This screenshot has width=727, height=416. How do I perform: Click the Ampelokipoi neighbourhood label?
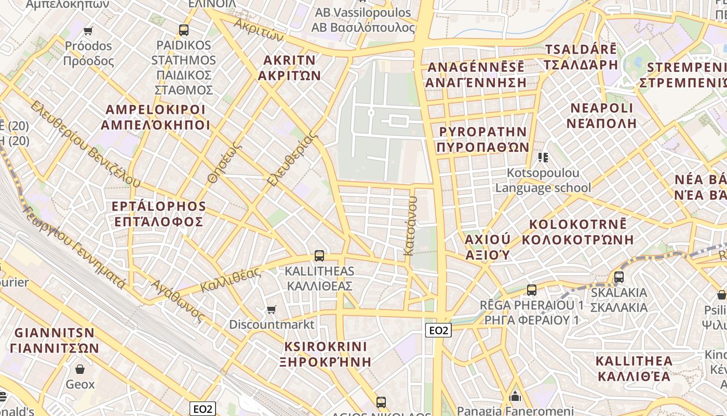click(156, 118)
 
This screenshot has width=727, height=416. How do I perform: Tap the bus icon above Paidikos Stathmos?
click(184, 30)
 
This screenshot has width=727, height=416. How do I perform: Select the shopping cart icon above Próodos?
click(88, 31)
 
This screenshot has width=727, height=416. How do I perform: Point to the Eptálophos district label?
click(159, 214)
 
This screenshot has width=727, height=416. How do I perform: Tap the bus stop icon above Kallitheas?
click(319, 256)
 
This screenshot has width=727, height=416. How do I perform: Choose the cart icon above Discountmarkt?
click(271, 310)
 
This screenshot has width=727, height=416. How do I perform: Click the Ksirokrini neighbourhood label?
click(326, 354)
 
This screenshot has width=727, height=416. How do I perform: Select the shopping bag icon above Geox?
click(80, 369)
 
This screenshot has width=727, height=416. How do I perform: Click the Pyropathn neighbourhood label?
click(483, 139)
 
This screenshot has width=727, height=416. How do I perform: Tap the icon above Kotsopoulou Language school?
click(543, 157)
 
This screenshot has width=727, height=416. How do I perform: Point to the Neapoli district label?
click(602, 115)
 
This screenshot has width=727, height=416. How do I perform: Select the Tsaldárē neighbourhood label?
click(581, 57)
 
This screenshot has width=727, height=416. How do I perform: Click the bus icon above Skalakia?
click(619, 277)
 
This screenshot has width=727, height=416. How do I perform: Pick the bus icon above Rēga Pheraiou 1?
click(532, 290)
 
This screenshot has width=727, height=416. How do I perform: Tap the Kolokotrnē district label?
click(578, 232)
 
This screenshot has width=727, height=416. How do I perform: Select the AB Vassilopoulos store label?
click(363, 20)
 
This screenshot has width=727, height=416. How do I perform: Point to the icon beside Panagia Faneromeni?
click(516, 396)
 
